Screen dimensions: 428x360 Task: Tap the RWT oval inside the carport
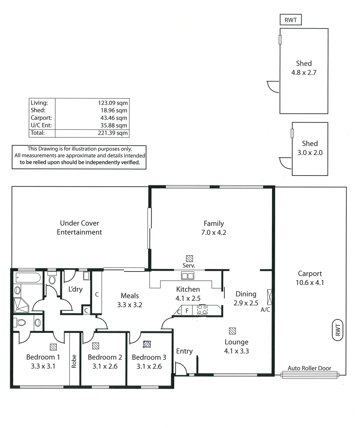(338, 330)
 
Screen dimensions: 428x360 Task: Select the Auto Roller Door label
(309, 368)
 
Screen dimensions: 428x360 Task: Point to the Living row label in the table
(39, 103)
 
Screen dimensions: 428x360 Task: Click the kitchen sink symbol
(187, 276)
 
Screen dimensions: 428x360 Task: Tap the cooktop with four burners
(202, 310)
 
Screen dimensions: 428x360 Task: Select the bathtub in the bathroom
(27, 277)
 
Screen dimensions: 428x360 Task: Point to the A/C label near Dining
(265, 310)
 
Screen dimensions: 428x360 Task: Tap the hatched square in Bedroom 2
(95, 345)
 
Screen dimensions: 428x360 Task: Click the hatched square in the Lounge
(233, 331)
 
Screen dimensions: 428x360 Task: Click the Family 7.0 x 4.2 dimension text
(214, 233)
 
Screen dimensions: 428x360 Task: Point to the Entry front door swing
(181, 369)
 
